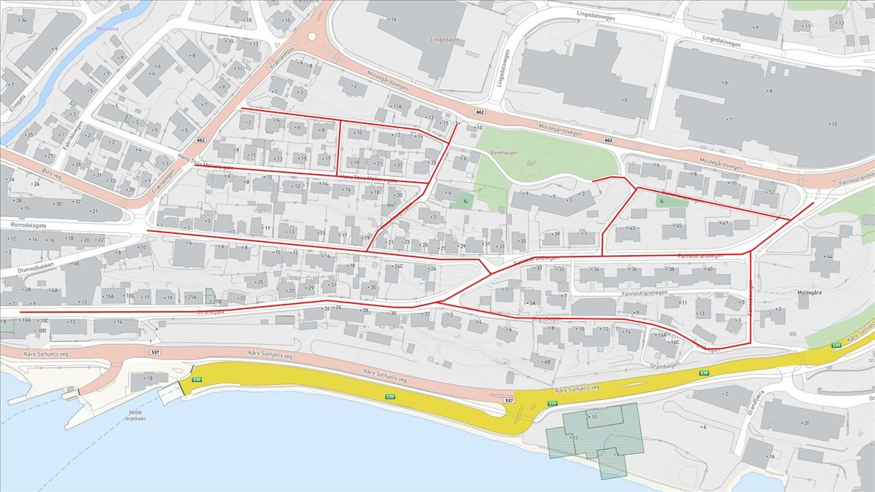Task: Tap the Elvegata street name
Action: [x=15, y=106]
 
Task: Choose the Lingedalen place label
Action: [x=447, y=40]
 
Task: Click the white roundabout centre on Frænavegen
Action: [x=312, y=35]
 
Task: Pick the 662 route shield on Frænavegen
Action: [x=201, y=140]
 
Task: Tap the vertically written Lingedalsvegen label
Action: [x=503, y=69]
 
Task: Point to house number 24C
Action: [x=398, y=267]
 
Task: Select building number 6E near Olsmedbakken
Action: [x=74, y=265]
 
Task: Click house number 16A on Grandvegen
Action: [x=661, y=335]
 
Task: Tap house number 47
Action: [x=726, y=223]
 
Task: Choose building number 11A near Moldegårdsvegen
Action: [x=396, y=106]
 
